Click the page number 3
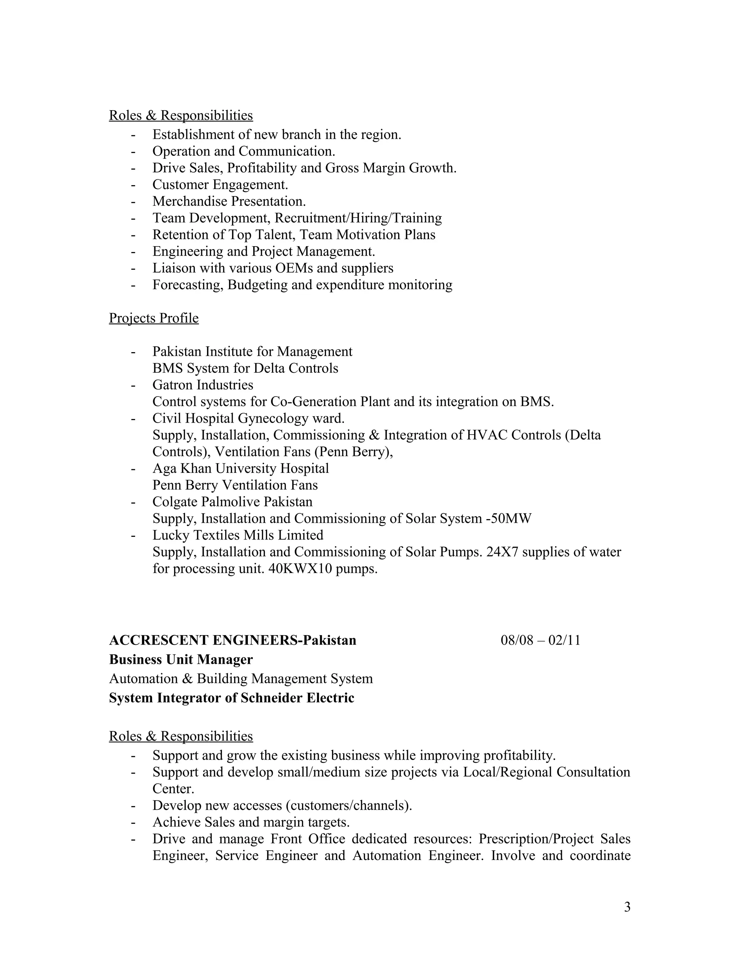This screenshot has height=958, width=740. point(627,907)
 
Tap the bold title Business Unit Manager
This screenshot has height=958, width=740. point(181,659)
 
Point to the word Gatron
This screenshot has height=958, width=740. point(172,385)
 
